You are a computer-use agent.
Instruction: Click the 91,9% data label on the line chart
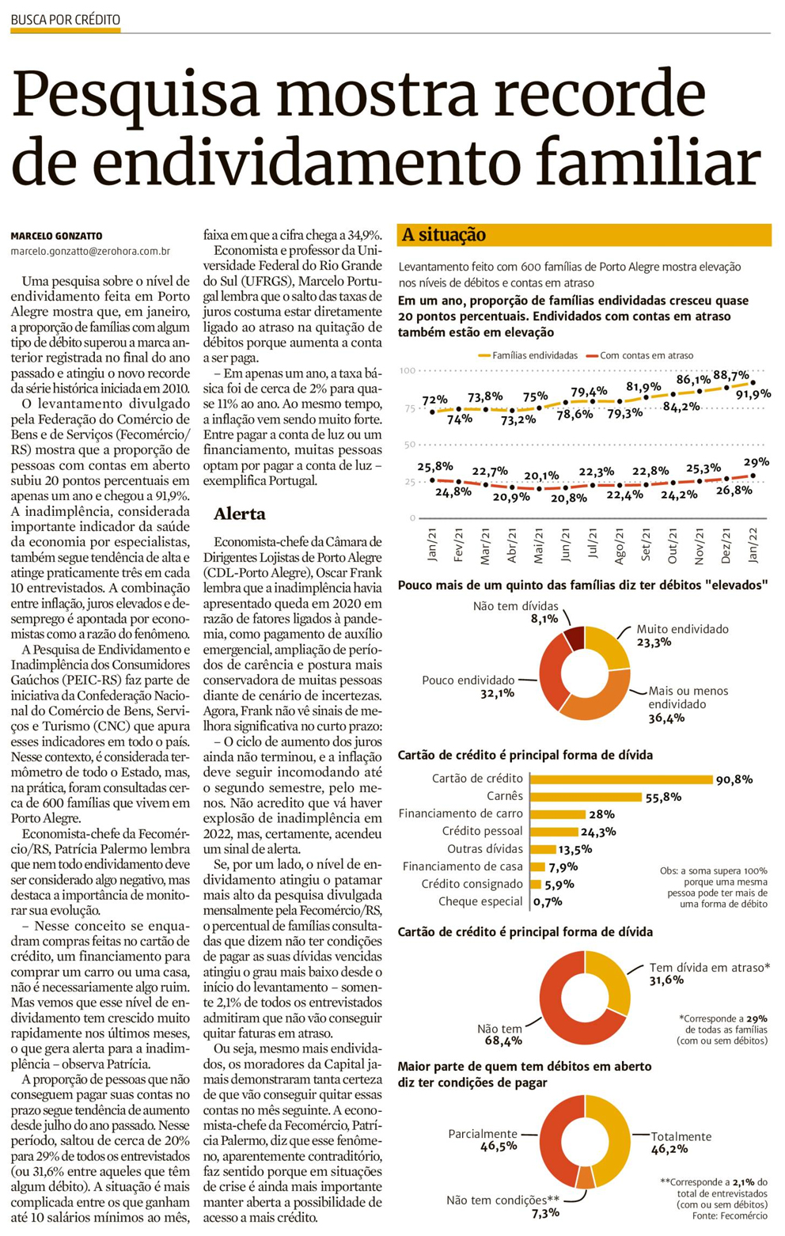753,394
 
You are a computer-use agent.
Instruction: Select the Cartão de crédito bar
621,779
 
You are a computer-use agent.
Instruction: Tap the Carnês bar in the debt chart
586,797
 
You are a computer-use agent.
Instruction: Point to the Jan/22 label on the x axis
753,544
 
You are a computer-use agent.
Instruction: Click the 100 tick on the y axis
407,370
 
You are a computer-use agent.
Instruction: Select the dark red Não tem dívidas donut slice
575,638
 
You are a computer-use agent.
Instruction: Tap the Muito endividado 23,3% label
681,635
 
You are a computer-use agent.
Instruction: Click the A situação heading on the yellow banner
444,235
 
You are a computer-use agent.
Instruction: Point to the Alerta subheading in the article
240,514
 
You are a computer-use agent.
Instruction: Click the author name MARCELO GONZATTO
56,236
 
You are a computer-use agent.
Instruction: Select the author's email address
90,251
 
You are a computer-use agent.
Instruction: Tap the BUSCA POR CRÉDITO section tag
66,19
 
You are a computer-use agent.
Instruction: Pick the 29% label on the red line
756,462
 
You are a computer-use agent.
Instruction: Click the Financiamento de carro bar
558,814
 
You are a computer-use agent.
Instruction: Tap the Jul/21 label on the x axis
593,544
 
